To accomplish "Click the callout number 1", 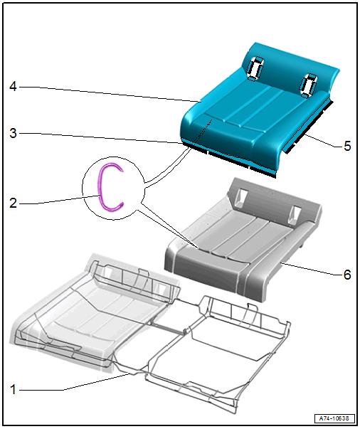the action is pyautogui.click(x=13, y=389).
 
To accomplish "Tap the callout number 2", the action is pyautogui.click(x=13, y=203).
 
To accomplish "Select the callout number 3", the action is pyautogui.click(x=13, y=133).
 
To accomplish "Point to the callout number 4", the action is pyautogui.click(x=13, y=87).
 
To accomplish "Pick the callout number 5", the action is pyautogui.click(x=347, y=146).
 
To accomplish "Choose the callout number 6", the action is pyautogui.click(x=347, y=275).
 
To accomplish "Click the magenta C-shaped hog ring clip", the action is pyautogui.click(x=100, y=189).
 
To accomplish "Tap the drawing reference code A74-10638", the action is pyautogui.click(x=334, y=418).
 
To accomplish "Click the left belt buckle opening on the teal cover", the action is pyautogui.click(x=255, y=68).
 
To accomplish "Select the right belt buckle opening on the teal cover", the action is pyautogui.click(x=308, y=85).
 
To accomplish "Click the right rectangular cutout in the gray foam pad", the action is pyautogui.click(x=294, y=214).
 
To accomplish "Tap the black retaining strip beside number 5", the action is pyautogui.click(x=308, y=126).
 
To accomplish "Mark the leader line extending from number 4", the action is pyautogui.click(x=110, y=94).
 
